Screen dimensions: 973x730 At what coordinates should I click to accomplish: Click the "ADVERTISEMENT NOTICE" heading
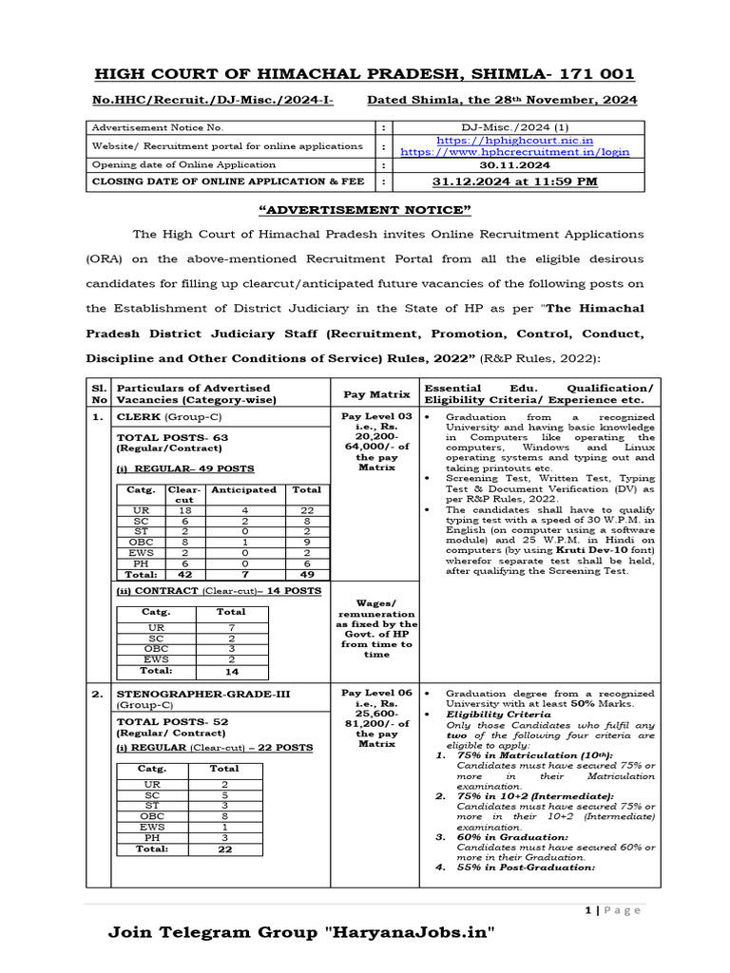[366, 210]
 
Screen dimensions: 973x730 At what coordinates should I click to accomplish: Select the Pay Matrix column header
[377, 393]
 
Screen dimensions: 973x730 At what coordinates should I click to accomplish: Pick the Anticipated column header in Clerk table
[243, 490]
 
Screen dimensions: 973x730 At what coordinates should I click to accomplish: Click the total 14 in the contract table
[231, 670]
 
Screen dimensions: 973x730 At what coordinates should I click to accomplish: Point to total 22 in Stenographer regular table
[224, 849]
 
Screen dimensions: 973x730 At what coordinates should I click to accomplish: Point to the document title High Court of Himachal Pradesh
[364, 75]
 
